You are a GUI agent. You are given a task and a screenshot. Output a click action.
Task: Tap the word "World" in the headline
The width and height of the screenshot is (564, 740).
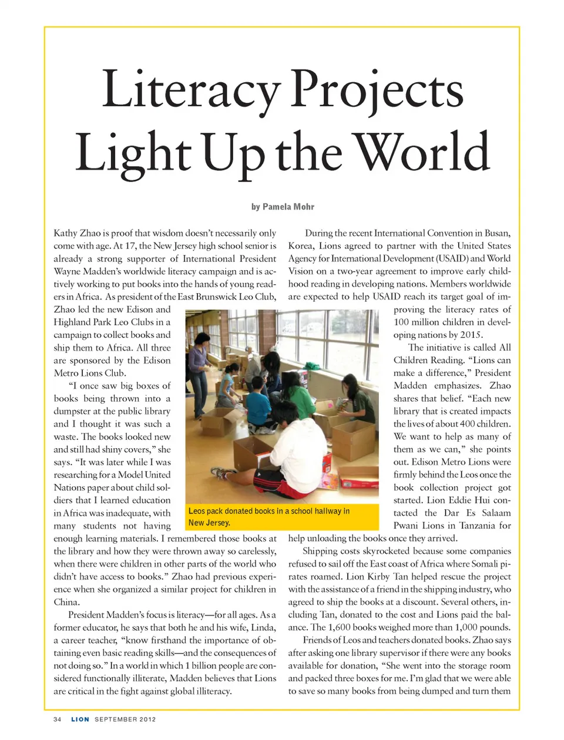(423, 152)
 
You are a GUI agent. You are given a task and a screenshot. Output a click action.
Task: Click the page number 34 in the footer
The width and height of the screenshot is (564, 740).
(57, 719)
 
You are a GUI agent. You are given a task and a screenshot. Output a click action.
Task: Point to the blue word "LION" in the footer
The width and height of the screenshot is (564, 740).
(80, 719)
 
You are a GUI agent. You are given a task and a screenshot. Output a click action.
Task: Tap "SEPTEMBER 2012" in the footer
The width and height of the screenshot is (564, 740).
(125, 719)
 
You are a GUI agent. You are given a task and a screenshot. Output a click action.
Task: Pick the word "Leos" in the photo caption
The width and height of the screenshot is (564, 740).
(197, 512)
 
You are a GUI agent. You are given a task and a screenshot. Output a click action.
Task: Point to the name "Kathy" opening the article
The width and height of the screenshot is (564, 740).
(65, 233)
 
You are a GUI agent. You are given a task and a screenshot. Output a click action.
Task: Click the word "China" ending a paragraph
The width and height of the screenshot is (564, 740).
(66, 602)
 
